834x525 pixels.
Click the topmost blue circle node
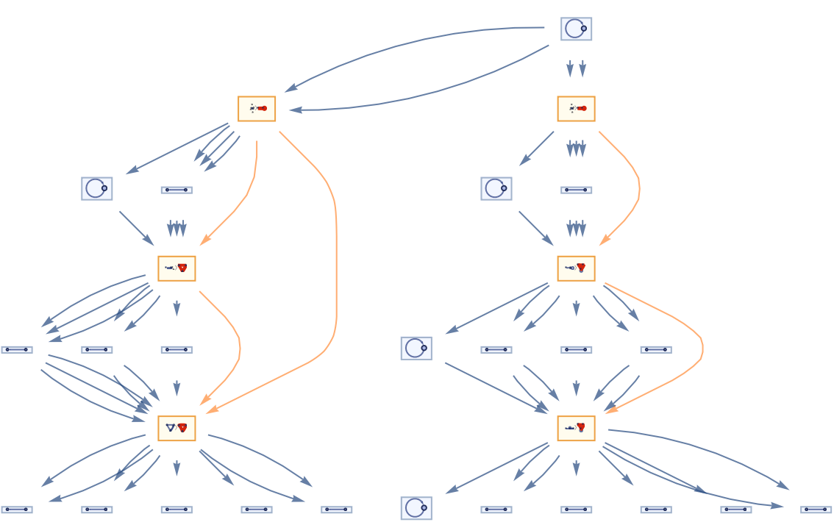pos(576,29)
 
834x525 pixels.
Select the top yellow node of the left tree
pos(257,109)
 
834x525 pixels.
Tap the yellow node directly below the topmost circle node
pos(576,109)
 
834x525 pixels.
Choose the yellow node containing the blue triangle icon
pos(177,428)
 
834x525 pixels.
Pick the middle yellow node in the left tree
pos(177,268)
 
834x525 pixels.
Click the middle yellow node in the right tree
pos(576,268)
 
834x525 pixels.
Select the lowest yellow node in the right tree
pos(576,428)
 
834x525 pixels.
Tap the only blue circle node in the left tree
pos(97,188)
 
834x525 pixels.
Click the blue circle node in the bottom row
pos(416,508)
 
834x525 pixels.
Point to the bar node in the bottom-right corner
pos(816,510)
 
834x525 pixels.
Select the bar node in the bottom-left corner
pos(17,510)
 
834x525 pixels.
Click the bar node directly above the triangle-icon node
pos(177,350)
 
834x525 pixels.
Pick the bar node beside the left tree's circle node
pos(177,190)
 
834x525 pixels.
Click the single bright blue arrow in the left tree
pos(96,309)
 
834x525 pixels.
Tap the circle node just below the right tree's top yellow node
pos(496,188)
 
